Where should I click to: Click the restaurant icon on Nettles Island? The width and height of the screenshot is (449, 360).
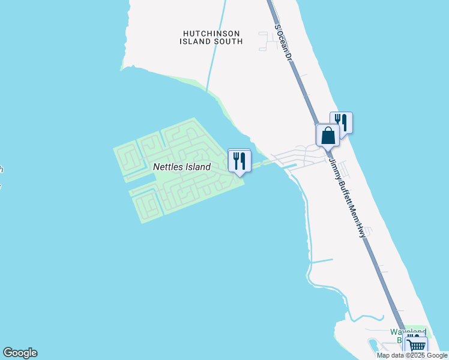[239, 160]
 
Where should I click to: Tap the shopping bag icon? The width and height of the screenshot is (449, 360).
[328, 135]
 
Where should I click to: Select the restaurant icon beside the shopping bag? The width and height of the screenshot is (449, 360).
[341, 122]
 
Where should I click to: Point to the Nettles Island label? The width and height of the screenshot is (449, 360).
[181, 167]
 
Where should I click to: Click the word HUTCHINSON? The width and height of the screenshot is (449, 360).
[211, 33]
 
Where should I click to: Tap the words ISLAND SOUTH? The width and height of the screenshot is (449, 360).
[211, 41]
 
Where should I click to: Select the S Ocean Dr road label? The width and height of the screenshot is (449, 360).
[283, 43]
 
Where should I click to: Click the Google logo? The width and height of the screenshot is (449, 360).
[20, 353]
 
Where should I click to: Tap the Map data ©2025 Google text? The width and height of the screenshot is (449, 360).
[412, 355]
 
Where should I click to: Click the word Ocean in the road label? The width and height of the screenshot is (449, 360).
[283, 41]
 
